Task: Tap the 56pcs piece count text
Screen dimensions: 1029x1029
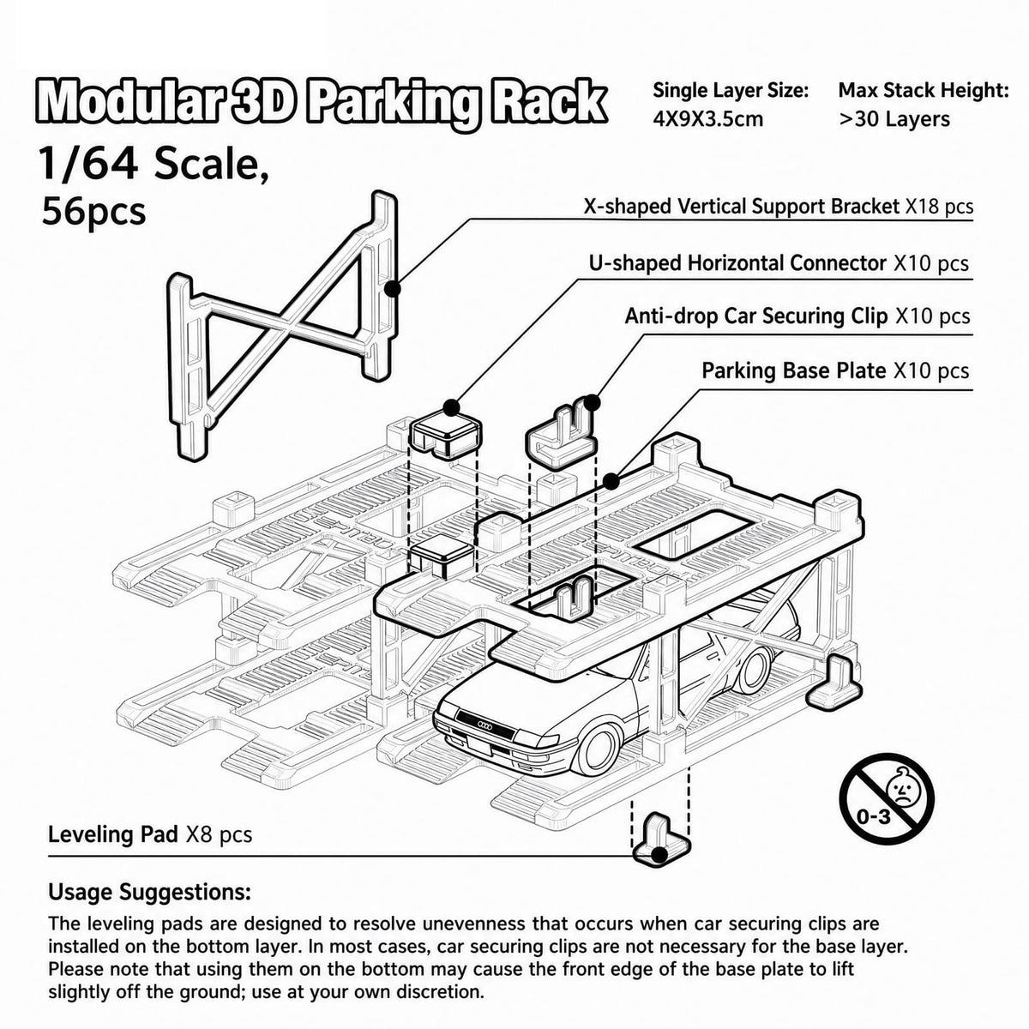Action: (x=93, y=212)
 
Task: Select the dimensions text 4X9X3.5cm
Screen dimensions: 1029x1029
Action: (x=708, y=118)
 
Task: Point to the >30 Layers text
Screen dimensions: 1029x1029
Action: (x=894, y=119)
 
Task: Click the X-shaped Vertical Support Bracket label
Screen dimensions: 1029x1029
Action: (x=778, y=206)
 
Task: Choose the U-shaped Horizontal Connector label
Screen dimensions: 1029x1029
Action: (x=779, y=263)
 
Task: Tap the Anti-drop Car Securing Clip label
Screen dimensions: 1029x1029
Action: (x=797, y=316)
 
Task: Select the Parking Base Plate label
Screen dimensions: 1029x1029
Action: (x=835, y=370)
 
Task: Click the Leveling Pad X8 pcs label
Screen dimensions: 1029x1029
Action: (x=150, y=834)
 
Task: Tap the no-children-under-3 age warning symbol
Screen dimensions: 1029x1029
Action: (x=887, y=801)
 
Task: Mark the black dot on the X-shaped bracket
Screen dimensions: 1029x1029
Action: (x=393, y=289)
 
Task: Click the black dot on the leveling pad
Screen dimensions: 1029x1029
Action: (x=660, y=855)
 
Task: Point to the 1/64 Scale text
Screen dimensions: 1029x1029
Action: (x=153, y=165)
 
